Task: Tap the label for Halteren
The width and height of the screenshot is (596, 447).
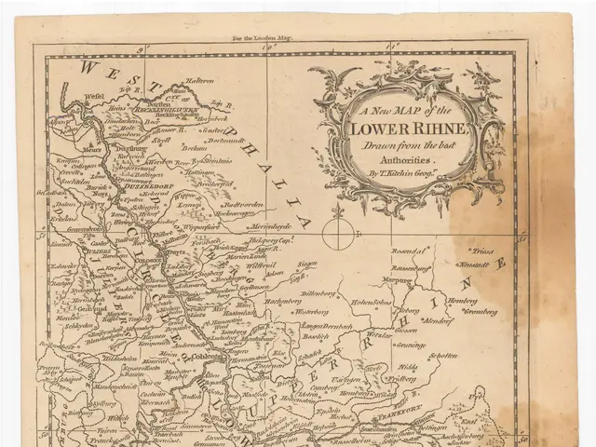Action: pyautogui.click(x=198, y=81)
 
